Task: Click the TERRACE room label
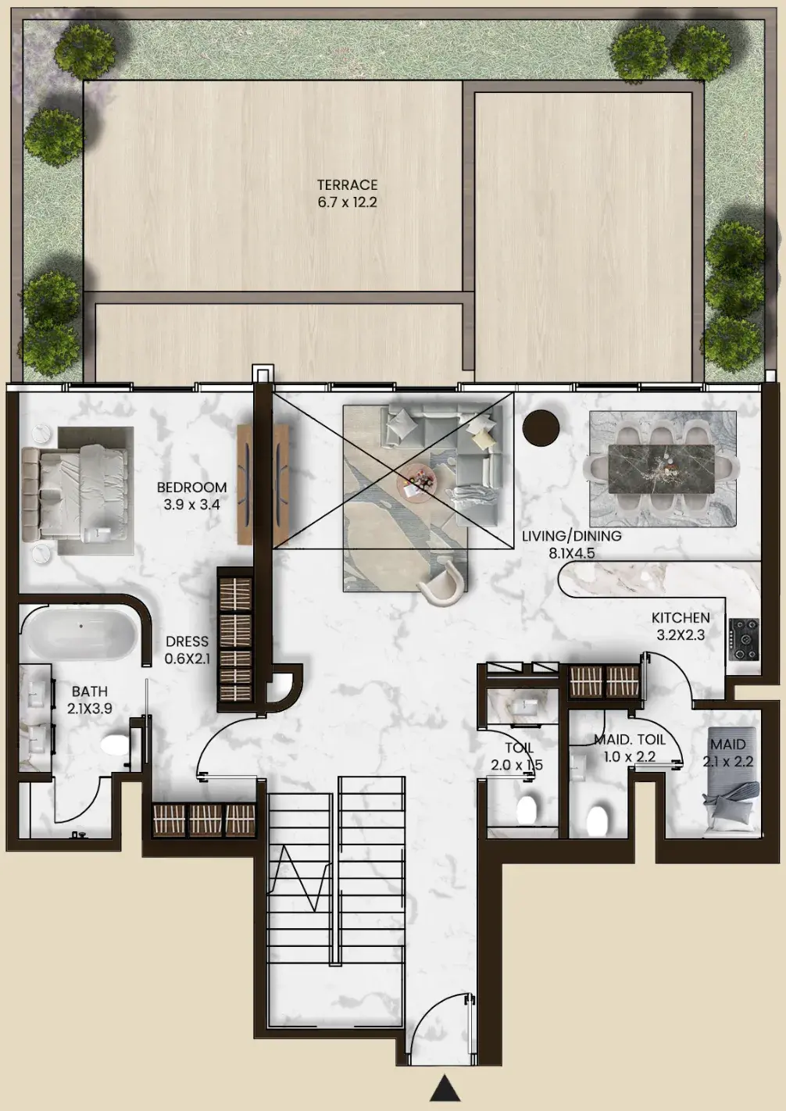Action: point(347,185)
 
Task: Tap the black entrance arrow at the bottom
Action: point(445,1088)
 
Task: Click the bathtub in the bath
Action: point(80,634)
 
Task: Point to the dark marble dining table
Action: point(661,469)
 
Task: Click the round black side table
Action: point(541,427)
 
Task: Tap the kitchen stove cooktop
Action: point(743,639)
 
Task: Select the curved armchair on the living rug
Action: point(442,582)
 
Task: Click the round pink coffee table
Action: point(416,481)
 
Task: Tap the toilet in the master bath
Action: point(115,744)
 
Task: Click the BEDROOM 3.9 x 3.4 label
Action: point(192,496)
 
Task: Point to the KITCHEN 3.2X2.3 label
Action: point(681,626)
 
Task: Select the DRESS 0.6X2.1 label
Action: point(187,650)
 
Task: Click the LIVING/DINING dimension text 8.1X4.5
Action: point(571,553)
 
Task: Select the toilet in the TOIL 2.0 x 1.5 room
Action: point(526,810)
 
